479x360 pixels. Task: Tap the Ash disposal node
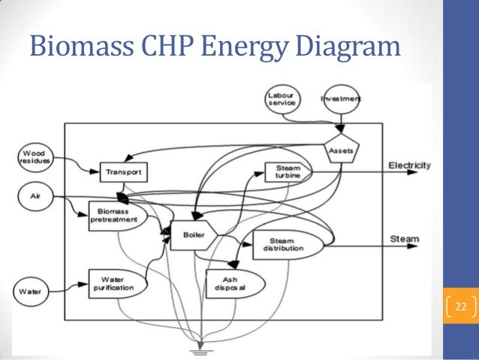click(x=233, y=283)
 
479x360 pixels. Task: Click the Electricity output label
click(x=409, y=165)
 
